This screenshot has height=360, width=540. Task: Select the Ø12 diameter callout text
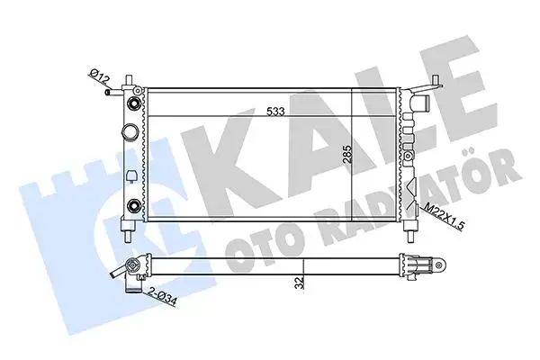click(99, 80)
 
